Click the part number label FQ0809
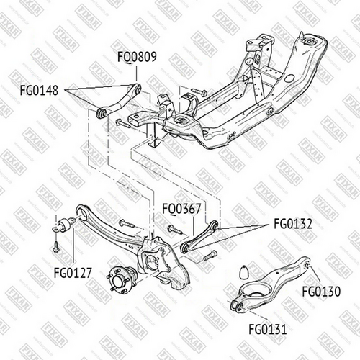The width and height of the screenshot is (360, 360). tap(137, 57)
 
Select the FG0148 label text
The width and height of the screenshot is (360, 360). tap(39, 91)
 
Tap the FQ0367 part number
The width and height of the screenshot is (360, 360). tap(181, 209)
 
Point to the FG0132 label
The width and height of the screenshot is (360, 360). tap(293, 224)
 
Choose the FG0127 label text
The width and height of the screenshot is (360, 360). tap(73, 273)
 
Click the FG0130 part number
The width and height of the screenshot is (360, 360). tap(321, 292)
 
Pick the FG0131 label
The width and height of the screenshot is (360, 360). tap(268, 329)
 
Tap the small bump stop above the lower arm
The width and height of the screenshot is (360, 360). tap(244, 272)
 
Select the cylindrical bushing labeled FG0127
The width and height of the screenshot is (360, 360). tap(64, 225)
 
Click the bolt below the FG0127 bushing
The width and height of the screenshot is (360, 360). tap(56, 246)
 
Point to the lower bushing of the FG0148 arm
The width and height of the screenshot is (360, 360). tap(101, 113)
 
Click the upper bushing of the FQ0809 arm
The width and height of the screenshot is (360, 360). tap(138, 89)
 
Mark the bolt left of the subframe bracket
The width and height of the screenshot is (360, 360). tap(124, 123)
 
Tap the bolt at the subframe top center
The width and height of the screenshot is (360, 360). tap(199, 91)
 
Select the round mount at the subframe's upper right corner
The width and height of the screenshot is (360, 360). tap(310, 41)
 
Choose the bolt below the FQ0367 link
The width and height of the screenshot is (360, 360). tap(210, 256)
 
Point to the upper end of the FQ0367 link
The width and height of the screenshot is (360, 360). tap(215, 225)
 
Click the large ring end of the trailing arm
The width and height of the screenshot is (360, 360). tap(81, 212)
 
